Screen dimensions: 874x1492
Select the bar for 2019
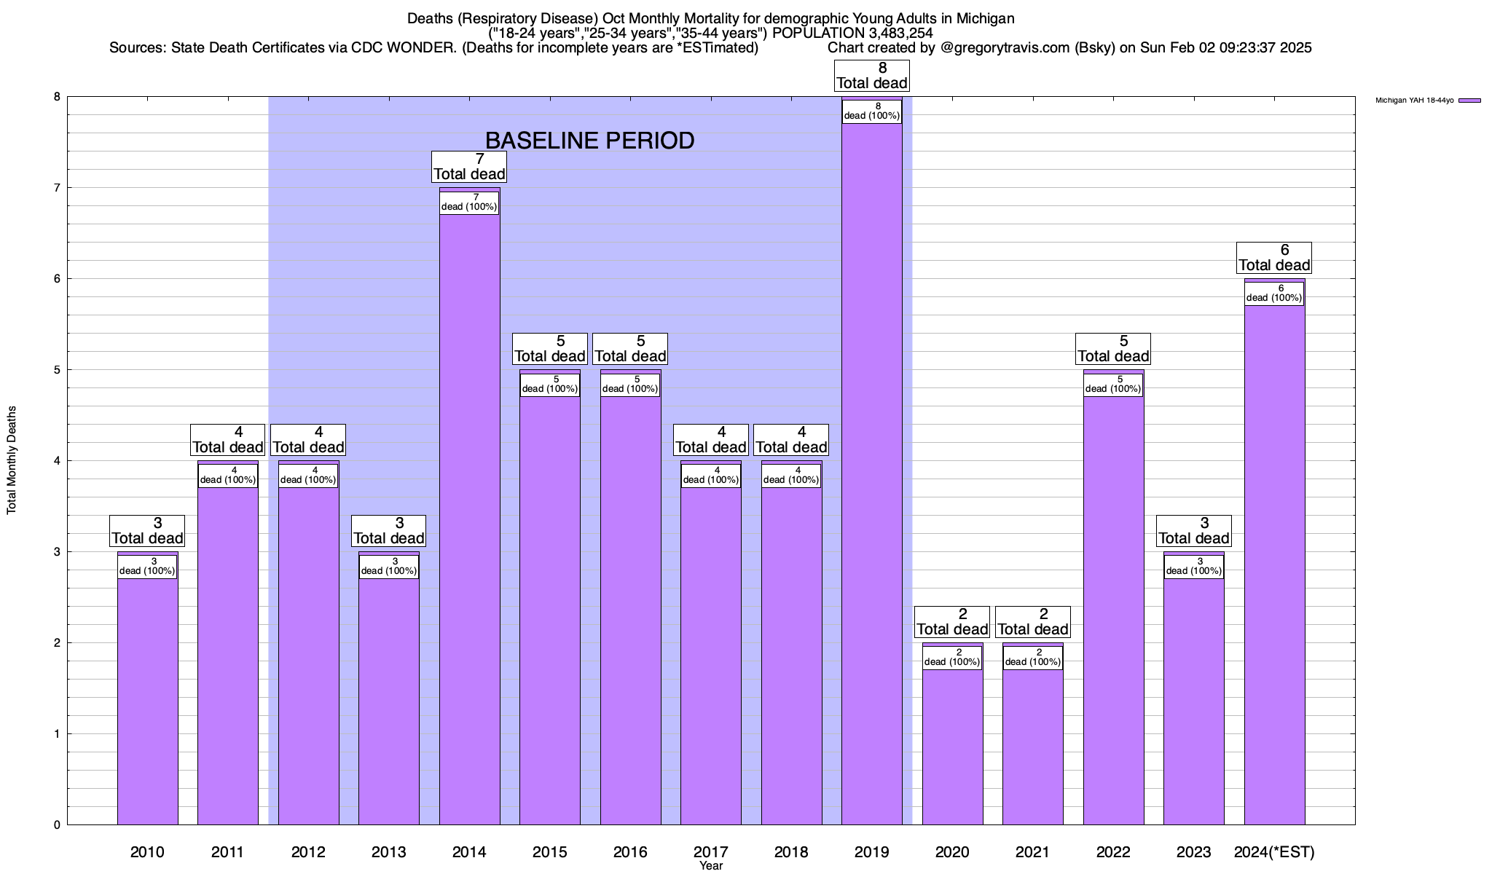pos(871,473)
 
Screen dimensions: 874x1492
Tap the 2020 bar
pos(952,743)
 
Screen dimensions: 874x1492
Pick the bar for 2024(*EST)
pos(1274,561)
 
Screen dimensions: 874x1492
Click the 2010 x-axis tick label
pos(147,851)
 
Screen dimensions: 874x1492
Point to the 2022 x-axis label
pos(1113,851)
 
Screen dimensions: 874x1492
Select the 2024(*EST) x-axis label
pos(1274,851)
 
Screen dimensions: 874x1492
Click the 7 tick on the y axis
pos(56,188)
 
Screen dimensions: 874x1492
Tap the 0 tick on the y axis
pos(56,824)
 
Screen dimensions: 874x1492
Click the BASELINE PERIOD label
pos(589,141)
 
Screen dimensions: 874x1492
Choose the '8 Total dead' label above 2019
pos(872,76)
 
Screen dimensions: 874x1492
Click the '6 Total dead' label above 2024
pos(1274,258)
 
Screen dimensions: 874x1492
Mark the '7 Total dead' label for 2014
pos(469,167)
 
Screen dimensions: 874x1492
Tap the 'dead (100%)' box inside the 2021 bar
pos(1033,658)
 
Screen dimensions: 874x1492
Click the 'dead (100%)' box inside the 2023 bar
pos(1193,567)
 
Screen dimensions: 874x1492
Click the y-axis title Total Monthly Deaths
pos(12,460)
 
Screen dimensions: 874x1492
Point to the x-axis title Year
pos(710,865)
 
